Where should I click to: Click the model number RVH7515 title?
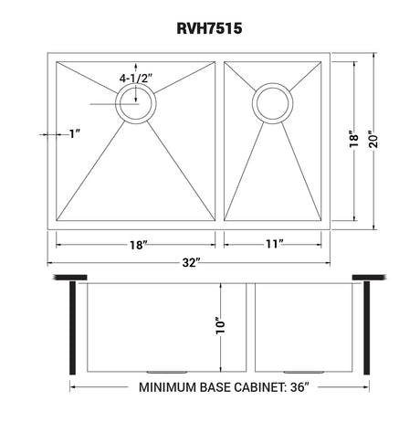[209, 28]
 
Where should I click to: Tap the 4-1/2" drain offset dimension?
[136, 79]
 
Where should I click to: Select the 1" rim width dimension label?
[75, 133]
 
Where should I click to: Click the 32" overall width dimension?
[192, 262]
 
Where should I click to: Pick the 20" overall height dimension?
[373, 140]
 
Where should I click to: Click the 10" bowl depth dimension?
[220, 325]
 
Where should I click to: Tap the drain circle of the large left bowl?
[136, 103]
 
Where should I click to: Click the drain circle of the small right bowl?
[272, 103]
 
